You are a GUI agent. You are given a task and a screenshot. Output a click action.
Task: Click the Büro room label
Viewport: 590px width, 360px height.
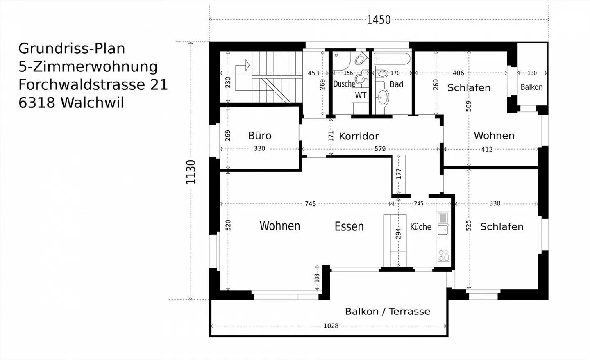click(x=260, y=136)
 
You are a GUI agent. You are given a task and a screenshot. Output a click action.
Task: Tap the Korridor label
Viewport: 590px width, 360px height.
click(x=359, y=136)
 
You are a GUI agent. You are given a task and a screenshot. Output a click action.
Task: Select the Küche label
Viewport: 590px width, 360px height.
click(x=420, y=227)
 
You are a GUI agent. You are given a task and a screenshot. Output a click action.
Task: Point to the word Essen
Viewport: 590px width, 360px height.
click(x=349, y=226)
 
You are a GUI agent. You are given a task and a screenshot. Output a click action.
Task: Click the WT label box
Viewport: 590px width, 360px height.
click(x=361, y=95)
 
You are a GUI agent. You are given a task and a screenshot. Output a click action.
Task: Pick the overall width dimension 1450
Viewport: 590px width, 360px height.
click(x=379, y=20)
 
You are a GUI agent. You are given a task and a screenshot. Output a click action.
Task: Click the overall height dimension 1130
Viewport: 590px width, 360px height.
click(x=191, y=172)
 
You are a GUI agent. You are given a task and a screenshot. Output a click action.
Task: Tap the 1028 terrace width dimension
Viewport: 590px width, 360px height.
click(x=331, y=326)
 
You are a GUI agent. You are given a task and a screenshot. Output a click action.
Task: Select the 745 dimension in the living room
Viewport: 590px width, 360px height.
click(x=311, y=204)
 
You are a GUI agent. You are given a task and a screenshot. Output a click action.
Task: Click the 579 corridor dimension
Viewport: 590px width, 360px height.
click(x=380, y=149)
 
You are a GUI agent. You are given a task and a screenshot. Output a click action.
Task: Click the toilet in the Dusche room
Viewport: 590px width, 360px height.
click(x=361, y=59)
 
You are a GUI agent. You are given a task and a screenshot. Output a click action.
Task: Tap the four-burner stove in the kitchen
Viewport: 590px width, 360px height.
click(x=443, y=255)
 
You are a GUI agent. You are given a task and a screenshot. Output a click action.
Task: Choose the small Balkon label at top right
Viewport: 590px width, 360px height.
click(x=531, y=87)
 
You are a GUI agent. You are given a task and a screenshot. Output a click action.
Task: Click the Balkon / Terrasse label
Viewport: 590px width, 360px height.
click(x=388, y=312)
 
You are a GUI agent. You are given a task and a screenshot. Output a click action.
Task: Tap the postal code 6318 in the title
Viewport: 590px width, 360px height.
click(x=37, y=103)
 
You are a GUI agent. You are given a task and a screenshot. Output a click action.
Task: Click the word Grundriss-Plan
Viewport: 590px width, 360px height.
click(x=72, y=48)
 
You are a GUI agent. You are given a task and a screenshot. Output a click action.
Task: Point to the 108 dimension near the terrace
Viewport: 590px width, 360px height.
click(x=317, y=278)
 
